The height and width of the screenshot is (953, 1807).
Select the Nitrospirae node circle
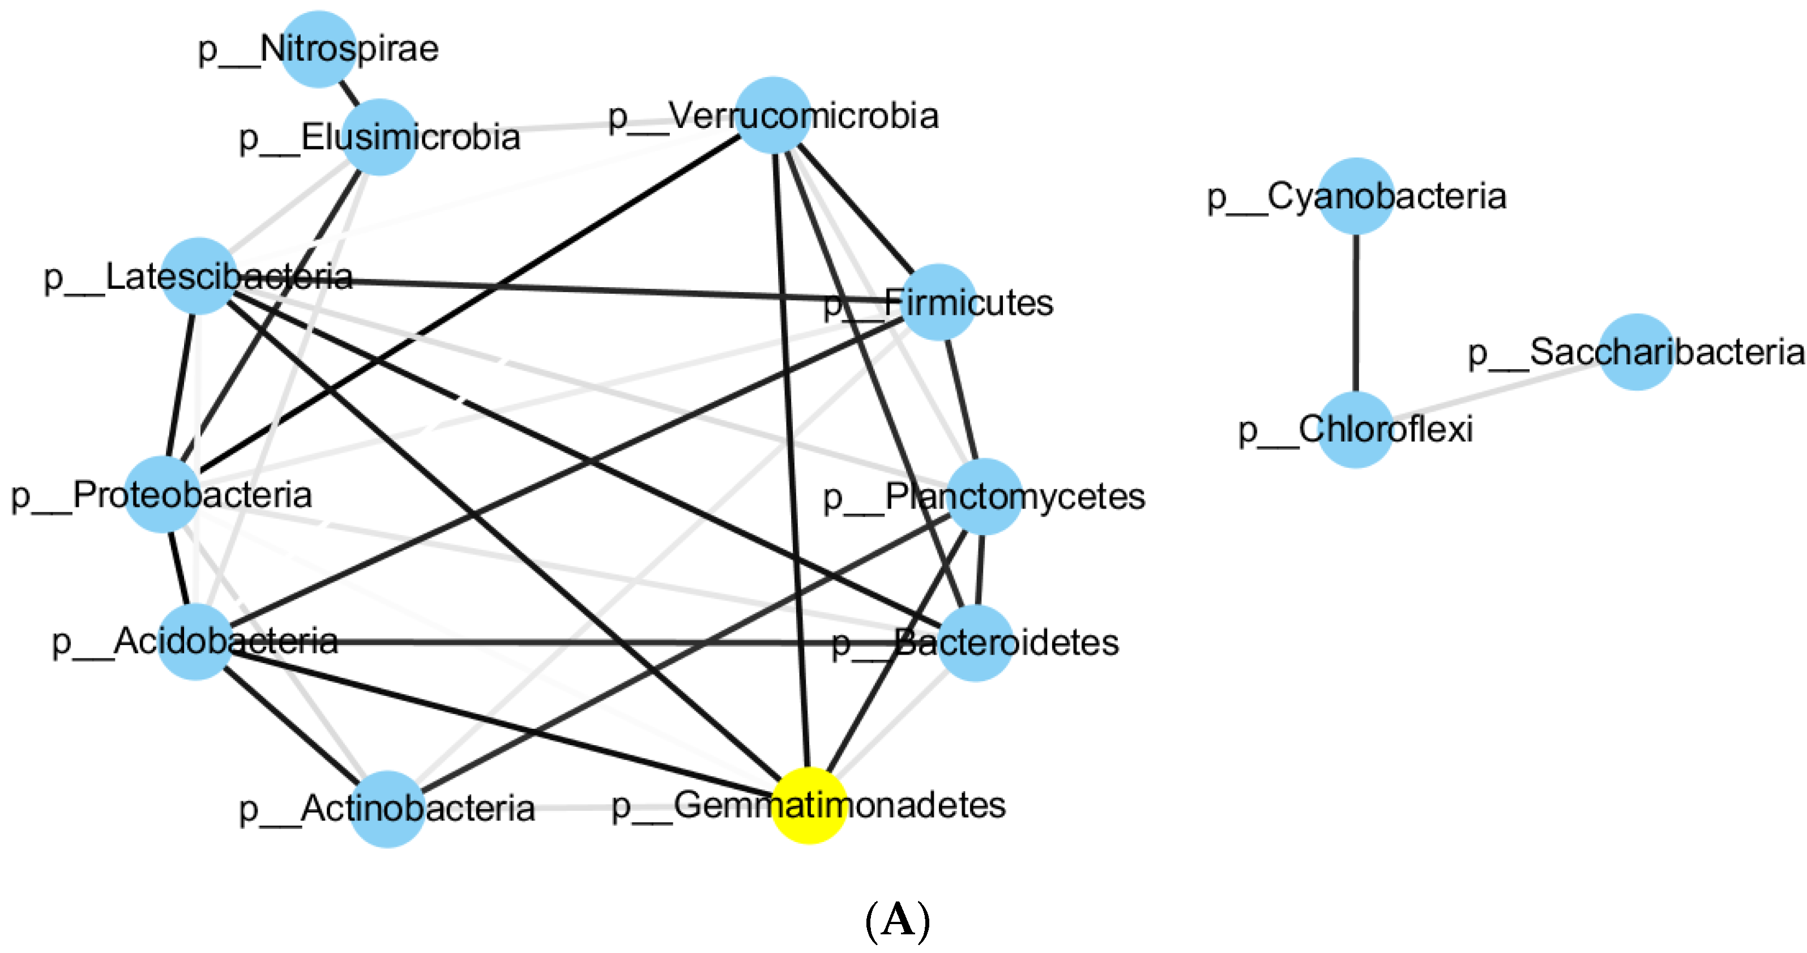click(x=318, y=49)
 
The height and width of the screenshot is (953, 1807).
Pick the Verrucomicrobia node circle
click(x=772, y=115)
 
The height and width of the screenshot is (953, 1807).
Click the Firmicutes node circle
click(x=938, y=302)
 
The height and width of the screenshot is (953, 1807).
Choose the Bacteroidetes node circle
click(x=975, y=643)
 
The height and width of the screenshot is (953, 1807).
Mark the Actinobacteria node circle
click(x=387, y=809)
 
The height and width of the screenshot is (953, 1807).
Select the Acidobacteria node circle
click(x=195, y=642)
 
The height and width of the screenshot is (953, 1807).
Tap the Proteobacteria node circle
click(x=162, y=494)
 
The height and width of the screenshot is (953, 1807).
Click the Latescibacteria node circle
click(x=199, y=276)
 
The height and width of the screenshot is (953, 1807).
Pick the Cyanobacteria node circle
click(x=1356, y=196)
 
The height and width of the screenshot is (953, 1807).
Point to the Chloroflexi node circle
click(x=1355, y=429)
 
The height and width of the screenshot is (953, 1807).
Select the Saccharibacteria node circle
click(x=1637, y=351)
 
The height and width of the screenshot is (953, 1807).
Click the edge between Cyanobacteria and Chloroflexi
click(x=1355, y=312)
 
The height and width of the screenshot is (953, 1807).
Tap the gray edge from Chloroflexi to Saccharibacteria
click(x=1494, y=391)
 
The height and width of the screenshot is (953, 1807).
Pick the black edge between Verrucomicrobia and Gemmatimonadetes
click(x=791, y=456)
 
